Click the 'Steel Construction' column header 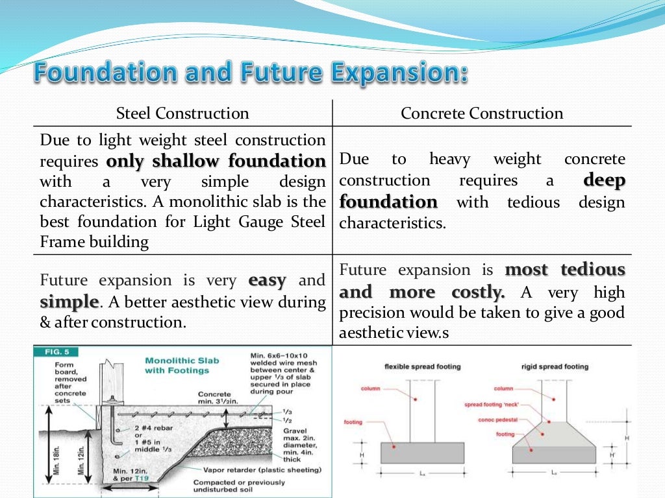[182, 113]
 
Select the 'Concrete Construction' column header [482, 113]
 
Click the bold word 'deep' [605, 180]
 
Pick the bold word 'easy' [267, 281]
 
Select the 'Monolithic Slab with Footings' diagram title [177, 365]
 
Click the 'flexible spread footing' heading [422, 367]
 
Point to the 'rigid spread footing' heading [555, 367]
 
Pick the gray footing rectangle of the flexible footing [422, 453]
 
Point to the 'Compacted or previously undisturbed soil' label [238, 486]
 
